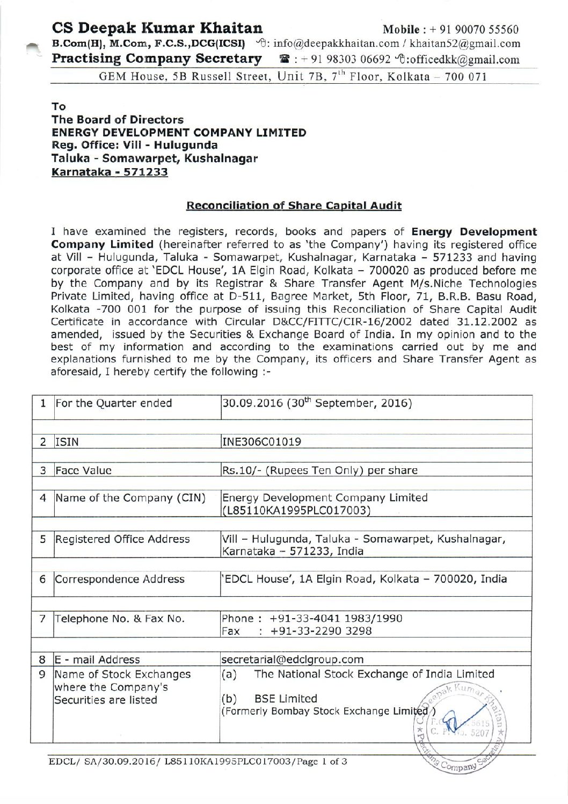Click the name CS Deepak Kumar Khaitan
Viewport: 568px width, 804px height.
(x=157, y=27)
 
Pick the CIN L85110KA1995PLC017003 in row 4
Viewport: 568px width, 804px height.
(x=296, y=510)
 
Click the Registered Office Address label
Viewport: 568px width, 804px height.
(x=123, y=539)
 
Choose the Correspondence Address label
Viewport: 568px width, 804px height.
(x=120, y=580)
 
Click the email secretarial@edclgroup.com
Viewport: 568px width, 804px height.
(x=293, y=659)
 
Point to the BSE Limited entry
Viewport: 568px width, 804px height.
(x=285, y=699)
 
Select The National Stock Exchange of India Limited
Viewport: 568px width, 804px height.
(x=374, y=673)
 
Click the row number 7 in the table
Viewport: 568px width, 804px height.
(x=42, y=619)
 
